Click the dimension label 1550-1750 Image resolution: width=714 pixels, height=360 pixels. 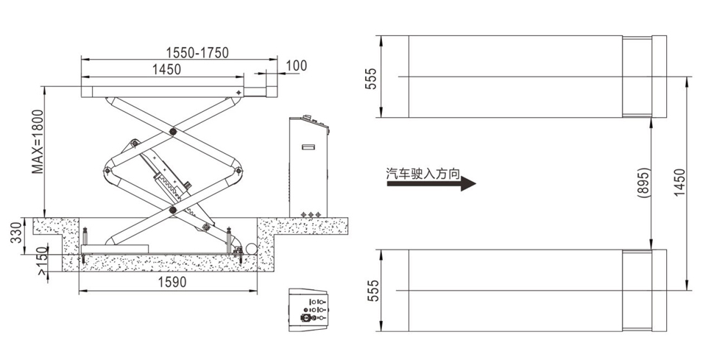click(x=197, y=52)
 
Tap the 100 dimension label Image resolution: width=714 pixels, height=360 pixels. click(x=297, y=66)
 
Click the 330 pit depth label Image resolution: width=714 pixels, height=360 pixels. click(x=16, y=233)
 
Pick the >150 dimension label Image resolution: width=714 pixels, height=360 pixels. click(x=42, y=261)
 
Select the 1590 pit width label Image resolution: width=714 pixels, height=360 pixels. click(x=172, y=282)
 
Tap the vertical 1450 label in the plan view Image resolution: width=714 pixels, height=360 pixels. click(x=679, y=183)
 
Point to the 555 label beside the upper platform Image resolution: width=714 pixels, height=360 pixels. click(x=372, y=78)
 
